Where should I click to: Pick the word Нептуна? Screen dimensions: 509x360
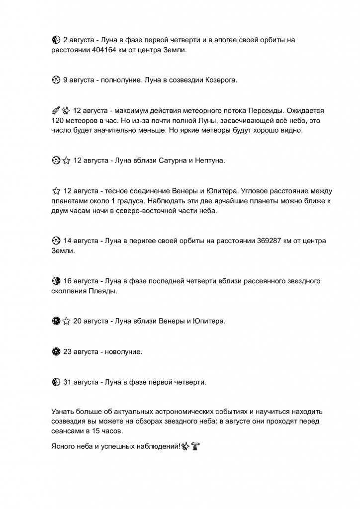click(211, 161)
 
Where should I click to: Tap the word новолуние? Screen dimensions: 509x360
click(124, 352)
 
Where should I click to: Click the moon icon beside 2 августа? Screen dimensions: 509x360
click(56, 40)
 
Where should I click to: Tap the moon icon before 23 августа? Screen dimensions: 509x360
click(56, 352)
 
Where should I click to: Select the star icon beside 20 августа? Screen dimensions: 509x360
click(66, 321)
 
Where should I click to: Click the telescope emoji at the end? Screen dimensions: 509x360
click(195, 446)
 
